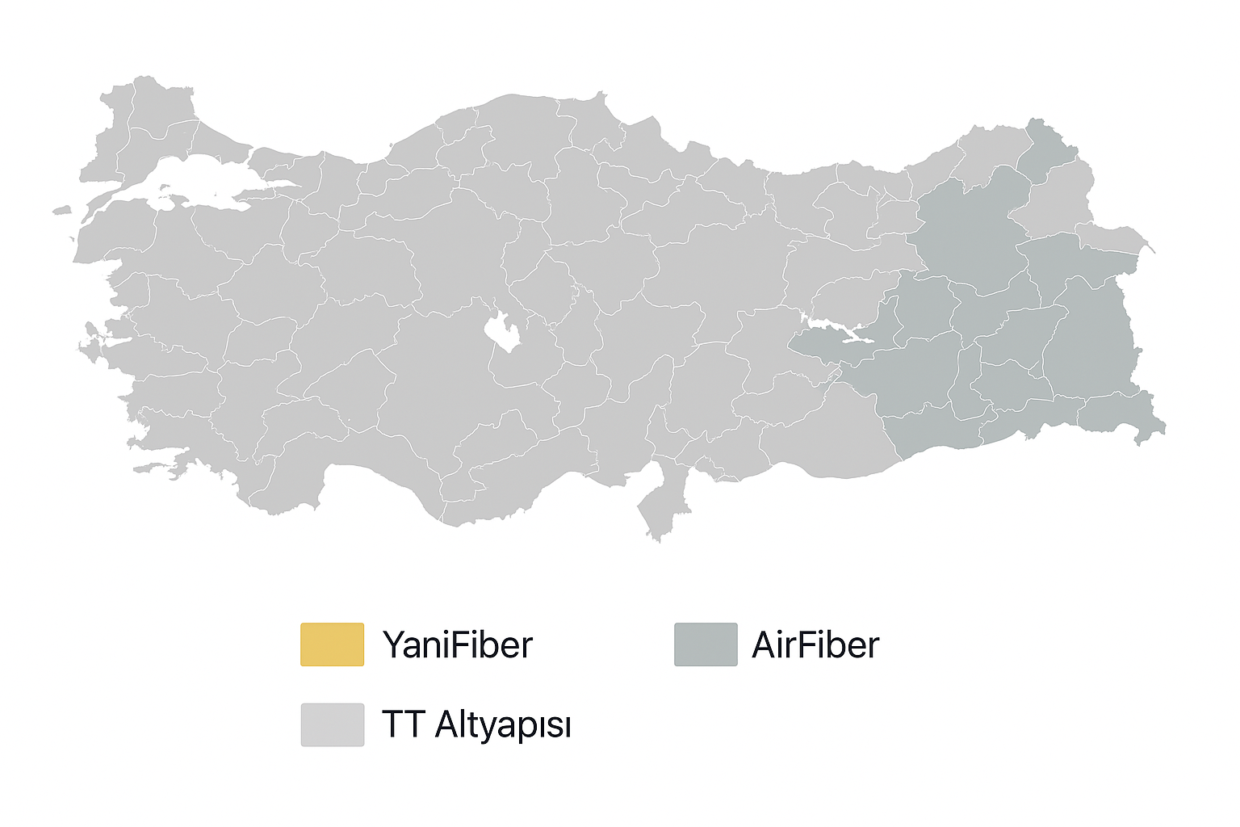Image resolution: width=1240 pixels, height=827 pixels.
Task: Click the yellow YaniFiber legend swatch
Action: point(332,644)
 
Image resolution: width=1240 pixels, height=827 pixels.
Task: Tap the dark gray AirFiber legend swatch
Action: point(706,644)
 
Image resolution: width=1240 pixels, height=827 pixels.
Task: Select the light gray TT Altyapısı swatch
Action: point(332,724)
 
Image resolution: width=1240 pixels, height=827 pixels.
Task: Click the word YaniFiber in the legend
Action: point(458,645)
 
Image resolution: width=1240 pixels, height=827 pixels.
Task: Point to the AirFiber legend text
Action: point(815,645)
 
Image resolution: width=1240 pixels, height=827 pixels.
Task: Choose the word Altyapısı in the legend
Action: point(503,725)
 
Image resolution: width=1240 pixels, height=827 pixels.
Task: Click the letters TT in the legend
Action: point(403,724)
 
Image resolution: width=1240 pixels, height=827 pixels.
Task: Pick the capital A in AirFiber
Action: point(763,645)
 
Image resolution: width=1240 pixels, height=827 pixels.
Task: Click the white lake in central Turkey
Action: point(503,332)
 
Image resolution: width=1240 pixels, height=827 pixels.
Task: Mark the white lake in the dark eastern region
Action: point(840,332)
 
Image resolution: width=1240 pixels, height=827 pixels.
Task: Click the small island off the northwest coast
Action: point(61,212)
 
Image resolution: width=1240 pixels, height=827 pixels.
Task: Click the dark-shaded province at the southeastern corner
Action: point(1122,416)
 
